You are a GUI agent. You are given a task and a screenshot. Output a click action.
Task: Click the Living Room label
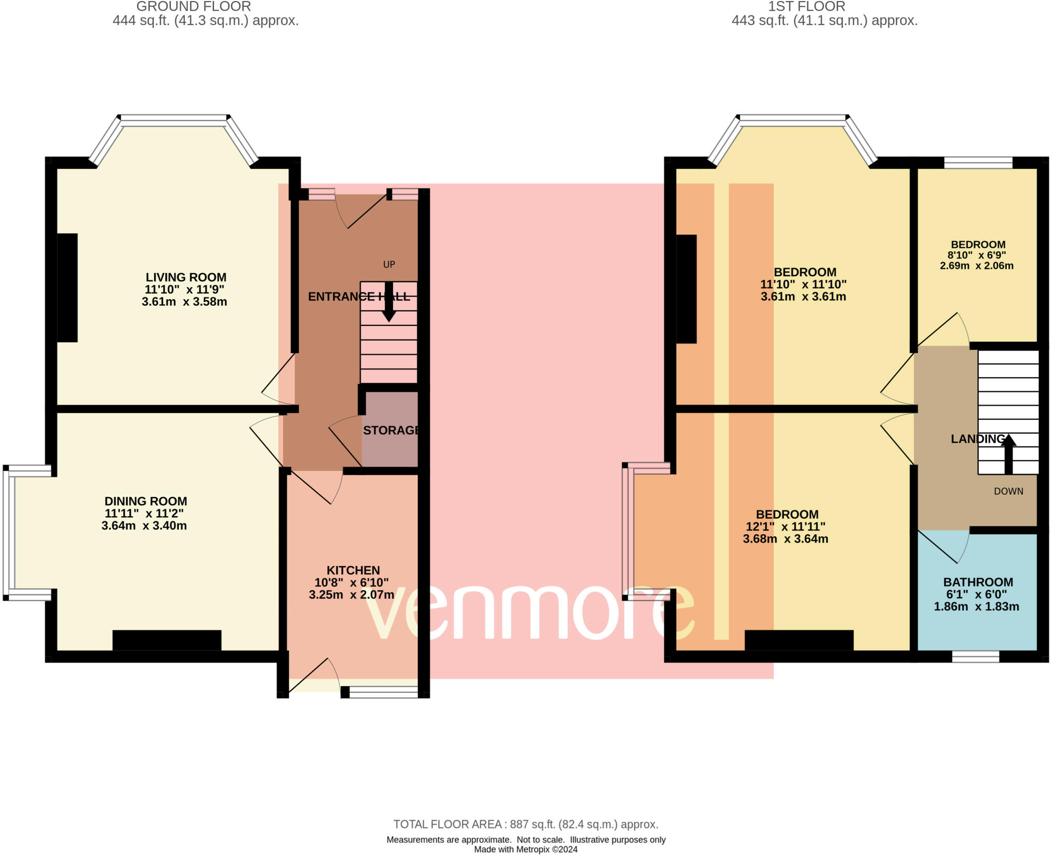(186, 277)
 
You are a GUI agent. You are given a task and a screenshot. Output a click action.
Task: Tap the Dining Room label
(146, 501)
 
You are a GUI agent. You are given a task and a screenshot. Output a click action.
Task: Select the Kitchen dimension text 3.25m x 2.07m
(352, 595)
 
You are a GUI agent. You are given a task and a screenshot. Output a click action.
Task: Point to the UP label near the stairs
(389, 264)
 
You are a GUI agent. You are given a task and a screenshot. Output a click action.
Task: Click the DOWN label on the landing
(1008, 491)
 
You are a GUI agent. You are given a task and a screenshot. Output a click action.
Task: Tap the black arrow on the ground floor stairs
(389, 302)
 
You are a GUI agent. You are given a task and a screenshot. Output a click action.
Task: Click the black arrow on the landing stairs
(1008, 454)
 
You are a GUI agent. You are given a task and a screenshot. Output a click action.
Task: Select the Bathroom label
(978, 582)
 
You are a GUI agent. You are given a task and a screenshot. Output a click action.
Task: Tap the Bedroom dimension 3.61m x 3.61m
(803, 297)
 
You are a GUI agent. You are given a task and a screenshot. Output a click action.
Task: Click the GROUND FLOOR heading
(193, 7)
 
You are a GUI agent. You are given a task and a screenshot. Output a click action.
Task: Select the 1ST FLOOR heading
(807, 7)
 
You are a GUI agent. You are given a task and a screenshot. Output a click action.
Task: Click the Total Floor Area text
(525, 824)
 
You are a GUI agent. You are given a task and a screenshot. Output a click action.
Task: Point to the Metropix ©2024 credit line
(525, 849)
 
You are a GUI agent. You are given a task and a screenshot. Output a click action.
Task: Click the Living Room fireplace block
(67, 288)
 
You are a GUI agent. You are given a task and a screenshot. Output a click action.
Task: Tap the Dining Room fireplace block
(167, 640)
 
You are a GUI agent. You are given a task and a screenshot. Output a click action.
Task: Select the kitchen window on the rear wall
(384, 692)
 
